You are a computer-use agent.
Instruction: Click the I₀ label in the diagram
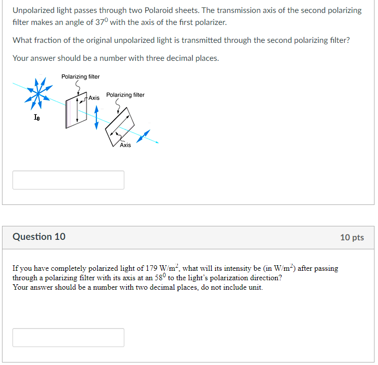point(36,118)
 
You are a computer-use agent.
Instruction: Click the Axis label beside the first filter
point(94,98)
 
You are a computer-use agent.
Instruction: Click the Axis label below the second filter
point(125,145)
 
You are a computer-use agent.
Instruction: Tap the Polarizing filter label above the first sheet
point(80,76)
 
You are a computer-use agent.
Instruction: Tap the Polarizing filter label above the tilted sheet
point(125,95)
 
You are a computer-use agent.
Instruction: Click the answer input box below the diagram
point(68,180)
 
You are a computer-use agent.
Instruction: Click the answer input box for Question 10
point(68,338)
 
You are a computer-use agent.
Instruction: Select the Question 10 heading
point(39,237)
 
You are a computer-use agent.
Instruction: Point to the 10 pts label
point(352,237)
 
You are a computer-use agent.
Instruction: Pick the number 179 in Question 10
point(152,268)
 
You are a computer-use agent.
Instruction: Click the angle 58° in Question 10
point(161,277)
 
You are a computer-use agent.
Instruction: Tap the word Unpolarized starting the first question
point(33,10)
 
